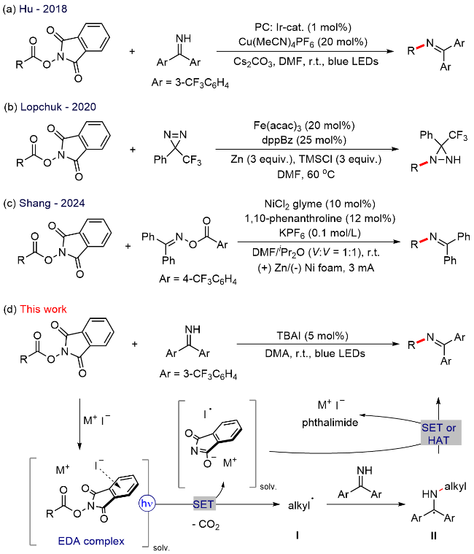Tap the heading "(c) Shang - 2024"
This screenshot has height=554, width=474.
(44, 204)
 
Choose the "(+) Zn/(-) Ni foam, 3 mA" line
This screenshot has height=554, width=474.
(314, 272)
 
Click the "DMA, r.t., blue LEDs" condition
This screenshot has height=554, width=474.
(316, 355)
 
